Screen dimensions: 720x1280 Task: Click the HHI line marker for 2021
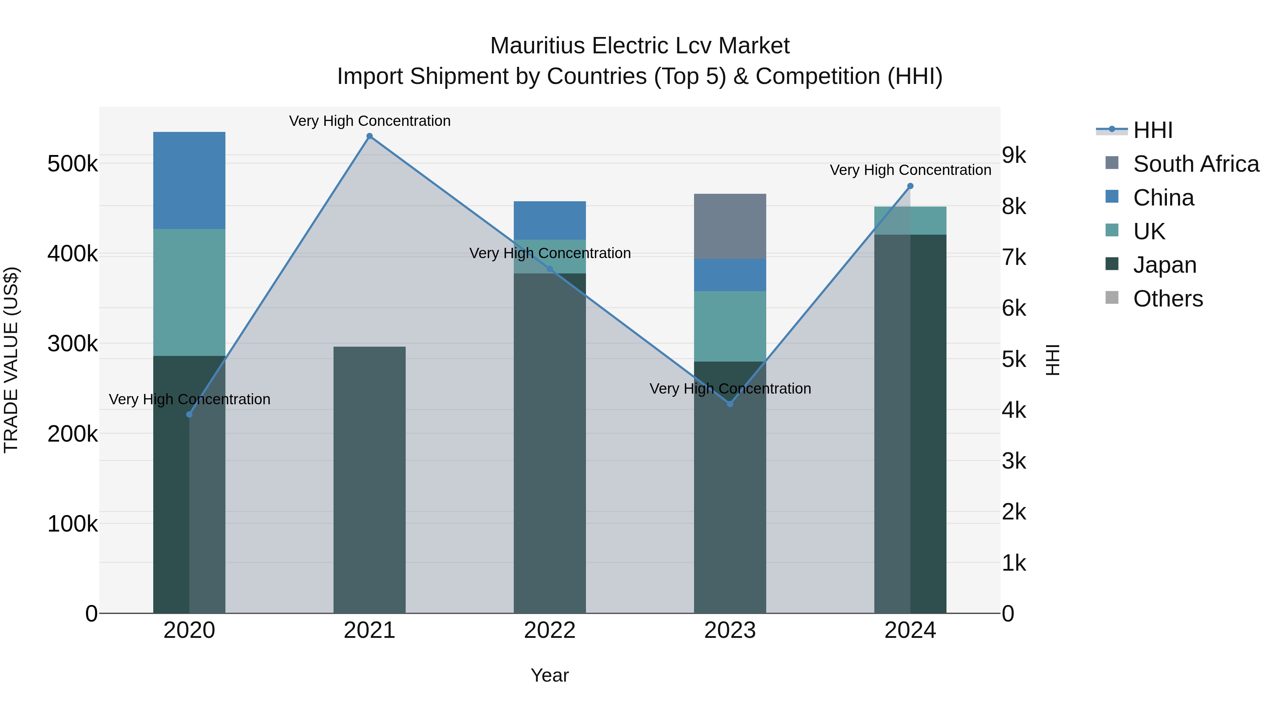coord(369,136)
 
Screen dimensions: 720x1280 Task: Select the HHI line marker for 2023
coord(730,404)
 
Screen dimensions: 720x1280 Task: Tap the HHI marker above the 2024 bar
coord(910,186)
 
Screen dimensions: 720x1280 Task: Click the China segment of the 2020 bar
coord(189,180)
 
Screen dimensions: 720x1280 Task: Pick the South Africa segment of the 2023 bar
coord(730,226)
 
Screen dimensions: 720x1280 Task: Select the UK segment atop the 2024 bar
coord(910,220)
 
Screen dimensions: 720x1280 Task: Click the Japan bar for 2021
coord(369,480)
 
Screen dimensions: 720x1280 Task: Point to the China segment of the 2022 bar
coord(550,220)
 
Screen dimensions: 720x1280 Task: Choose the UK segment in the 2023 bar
coord(730,326)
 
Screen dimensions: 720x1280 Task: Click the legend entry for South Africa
coord(1195,164)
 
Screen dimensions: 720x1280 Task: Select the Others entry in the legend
coord(1168,299)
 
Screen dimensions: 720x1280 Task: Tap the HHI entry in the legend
coord(1153,130)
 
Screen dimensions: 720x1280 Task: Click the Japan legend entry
coord(1164,265)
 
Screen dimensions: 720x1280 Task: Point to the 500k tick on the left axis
coord(73,164)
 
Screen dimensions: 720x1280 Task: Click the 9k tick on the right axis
coord(1014,155)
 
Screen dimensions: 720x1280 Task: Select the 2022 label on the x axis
coord(550,630)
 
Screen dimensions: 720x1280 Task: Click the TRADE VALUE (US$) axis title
coord(11,360)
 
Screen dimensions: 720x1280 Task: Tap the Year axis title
coord(550,675)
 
